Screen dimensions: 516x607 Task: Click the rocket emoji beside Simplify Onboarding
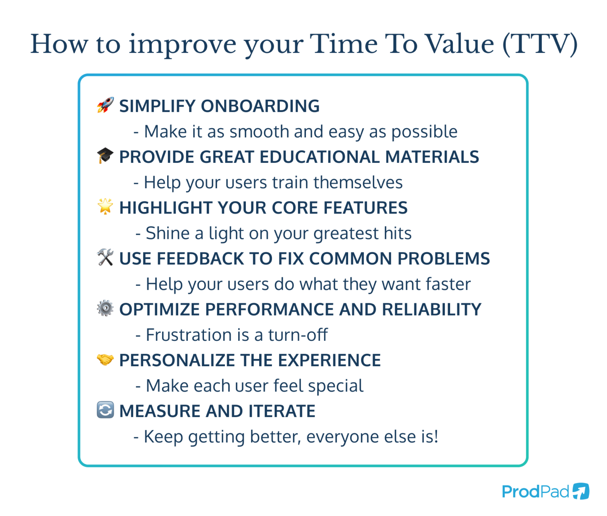click(105, 105)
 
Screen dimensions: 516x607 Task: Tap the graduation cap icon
click(105, 156)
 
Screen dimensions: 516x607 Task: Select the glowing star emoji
click(105, 206)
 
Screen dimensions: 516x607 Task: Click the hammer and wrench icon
click(105, 257)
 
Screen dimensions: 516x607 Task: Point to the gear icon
click(105, 308)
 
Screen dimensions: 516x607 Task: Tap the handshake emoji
click(105, 359)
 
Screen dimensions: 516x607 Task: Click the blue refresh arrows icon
click(105, 410)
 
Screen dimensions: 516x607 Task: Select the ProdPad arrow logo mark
click(581, 491)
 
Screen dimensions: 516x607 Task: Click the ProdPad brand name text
click(535, 492)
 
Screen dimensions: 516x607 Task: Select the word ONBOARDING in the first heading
click(260, 106)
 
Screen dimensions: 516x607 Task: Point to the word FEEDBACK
click(201, 259)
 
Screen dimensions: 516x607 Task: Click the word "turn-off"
click(298, 335)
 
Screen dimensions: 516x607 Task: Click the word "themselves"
click(358, 183)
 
